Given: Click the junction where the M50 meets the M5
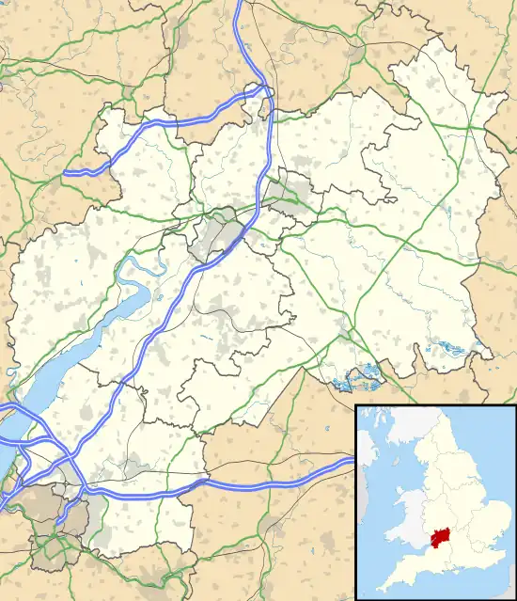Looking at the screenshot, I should [267, 91].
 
